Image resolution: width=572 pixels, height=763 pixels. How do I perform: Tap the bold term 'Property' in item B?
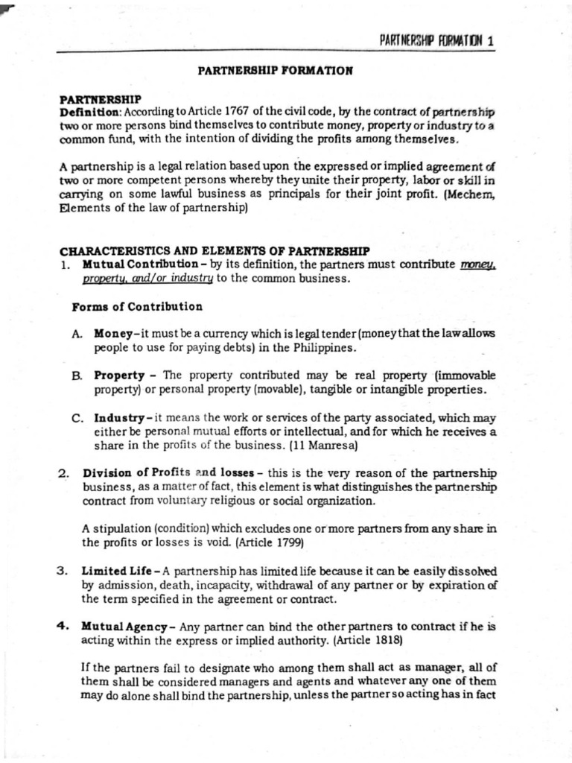(x=119, y=375)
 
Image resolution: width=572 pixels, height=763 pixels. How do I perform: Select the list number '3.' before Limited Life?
(x=64, y=571)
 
